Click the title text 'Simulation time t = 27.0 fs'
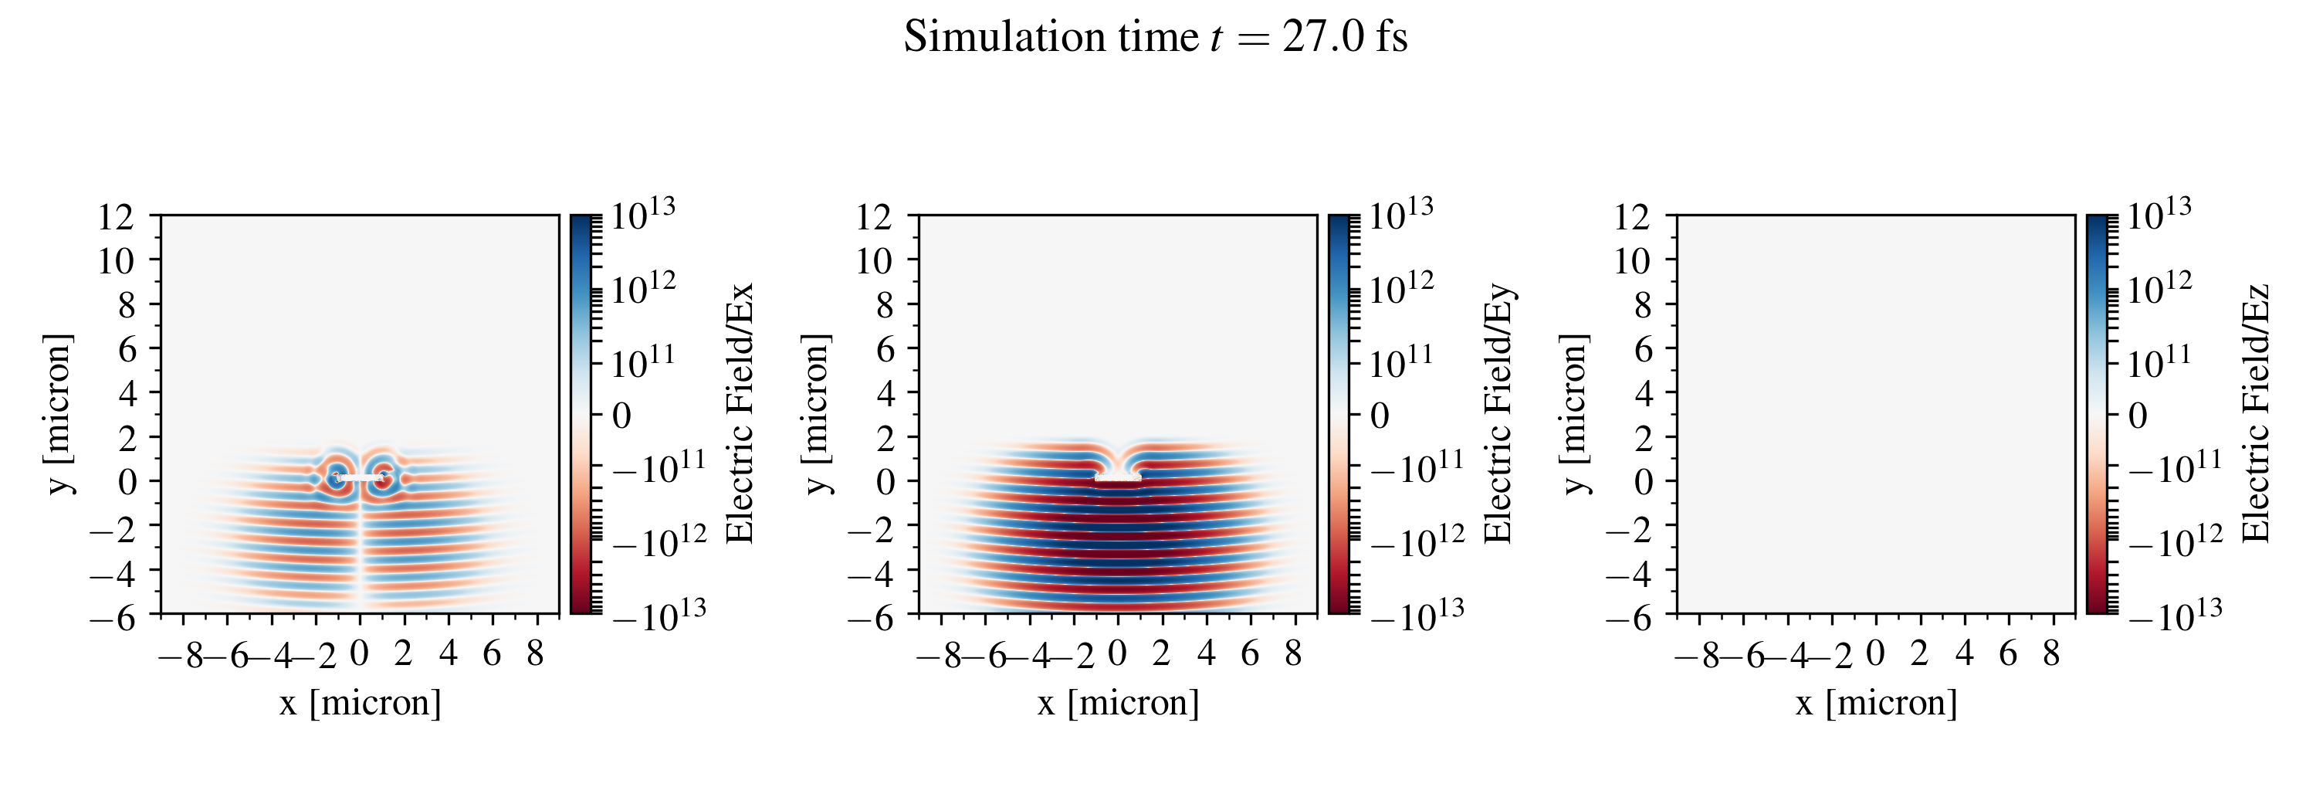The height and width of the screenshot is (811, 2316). (x=1156, y=38)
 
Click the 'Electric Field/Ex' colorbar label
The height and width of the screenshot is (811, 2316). (x=739, y=413)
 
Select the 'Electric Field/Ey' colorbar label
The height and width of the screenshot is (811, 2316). (x=1498, y=413)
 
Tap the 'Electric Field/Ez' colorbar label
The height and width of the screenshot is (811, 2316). (x=2256, y=413)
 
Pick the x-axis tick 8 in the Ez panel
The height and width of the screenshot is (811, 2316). (x=2050, y=653)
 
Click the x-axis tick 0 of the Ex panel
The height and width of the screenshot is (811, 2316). (x=359, y=653)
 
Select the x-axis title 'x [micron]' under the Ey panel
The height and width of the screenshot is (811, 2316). (x=1119, y=702)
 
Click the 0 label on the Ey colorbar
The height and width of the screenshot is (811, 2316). (x=1379, y=416)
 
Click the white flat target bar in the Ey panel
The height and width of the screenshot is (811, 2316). (x=1118, y=479)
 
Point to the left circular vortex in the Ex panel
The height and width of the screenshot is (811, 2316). (x=337, y=476)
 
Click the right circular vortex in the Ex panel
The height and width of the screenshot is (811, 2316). (x=384, y=476)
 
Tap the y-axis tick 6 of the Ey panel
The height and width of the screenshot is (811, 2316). (x=885, y=349)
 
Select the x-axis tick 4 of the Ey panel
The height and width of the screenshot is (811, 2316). (x=1206, y=653)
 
